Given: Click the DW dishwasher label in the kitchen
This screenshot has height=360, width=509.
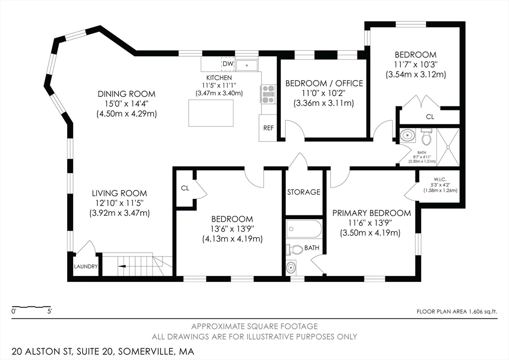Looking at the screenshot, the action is coord(228,64).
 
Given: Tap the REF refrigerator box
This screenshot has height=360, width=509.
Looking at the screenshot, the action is coord(268,128).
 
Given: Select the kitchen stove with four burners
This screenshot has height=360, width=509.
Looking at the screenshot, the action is coord(268,94).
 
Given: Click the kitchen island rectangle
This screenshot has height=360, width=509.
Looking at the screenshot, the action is coord(211,113).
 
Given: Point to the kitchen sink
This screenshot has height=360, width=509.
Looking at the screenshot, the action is coord(247,65).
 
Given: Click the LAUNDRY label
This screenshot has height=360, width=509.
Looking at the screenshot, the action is coord(85,267).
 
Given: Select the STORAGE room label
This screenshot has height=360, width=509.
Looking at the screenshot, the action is coord(304,192).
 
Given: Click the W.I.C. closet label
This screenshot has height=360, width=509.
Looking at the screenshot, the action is coord(440,179).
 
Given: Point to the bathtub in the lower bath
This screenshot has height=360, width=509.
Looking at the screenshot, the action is coord(304,230).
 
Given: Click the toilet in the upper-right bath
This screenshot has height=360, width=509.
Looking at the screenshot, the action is coord(426,137).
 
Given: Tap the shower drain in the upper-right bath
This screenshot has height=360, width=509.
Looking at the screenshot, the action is coord(448,147).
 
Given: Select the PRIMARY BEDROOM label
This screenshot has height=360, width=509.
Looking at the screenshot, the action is coord(372,213).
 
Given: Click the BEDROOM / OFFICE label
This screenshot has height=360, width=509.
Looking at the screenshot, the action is coord(324,84).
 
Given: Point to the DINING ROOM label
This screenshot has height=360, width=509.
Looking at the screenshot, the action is coord(127,94).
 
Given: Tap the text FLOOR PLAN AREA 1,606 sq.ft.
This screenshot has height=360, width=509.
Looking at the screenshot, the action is coord(457,312).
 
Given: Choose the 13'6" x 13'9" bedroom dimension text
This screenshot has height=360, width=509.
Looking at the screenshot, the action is coord(232,229).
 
